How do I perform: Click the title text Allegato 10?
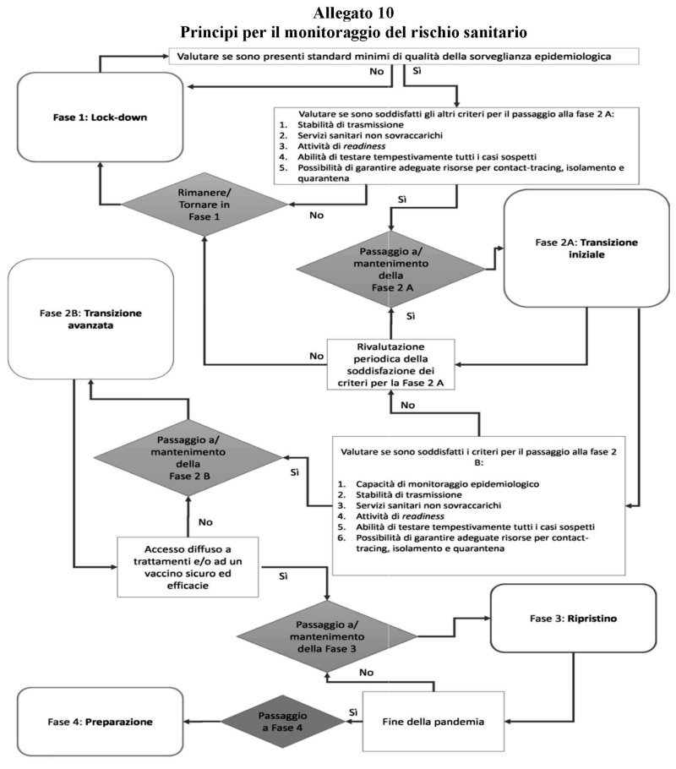(x=353, y=13)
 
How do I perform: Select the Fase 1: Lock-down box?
(x=100, y=117)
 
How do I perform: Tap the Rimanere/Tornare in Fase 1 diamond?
(x=204, y=205)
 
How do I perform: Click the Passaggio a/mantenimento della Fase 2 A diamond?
(x=391, y=270)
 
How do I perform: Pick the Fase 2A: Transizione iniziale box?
(x=586, y=248)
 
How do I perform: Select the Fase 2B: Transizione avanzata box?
(x=90, y=319)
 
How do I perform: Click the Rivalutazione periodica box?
(x=391, y=364)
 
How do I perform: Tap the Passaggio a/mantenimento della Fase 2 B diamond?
(x=188, y=457)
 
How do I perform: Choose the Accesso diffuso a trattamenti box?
(x=188, y=567)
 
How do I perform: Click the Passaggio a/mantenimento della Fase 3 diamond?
(x=327, y=636)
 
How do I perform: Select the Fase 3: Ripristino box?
(x=574, y=619)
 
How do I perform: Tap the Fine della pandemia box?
(x=433, y=722)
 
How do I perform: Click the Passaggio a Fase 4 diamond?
(x=282, y=722)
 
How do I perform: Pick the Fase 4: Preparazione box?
(x=100, y=722)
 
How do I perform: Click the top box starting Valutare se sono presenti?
(x=404, y=56)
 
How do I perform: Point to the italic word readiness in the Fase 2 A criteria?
(x=364, y=146)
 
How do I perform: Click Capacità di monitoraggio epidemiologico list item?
(x=447, y=484)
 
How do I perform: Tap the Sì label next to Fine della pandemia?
(x=353, y=712)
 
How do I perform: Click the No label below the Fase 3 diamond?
(x=367, y=673)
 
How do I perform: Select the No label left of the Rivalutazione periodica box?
(x=316, y=356)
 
